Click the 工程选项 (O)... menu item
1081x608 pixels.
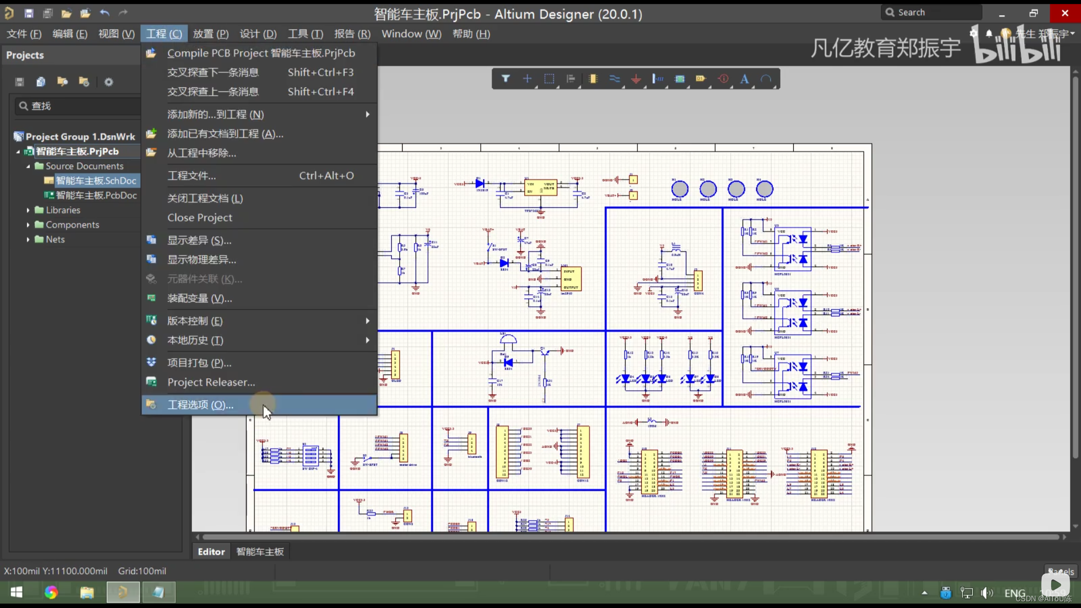(200, 405)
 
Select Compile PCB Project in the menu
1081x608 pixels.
(261, 53)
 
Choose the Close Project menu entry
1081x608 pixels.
(199, 217)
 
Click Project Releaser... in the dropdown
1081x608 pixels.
(211, 382)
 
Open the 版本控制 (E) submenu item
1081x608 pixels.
(195, 321)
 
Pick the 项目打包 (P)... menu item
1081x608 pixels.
(199, 363)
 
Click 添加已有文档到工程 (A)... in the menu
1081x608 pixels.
(225, 133)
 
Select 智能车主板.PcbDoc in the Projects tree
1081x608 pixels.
(96, 195)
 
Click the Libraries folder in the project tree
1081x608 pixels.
(63, 210)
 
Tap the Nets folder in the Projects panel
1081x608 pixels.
(55, 239)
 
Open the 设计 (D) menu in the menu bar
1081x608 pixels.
(258, 34)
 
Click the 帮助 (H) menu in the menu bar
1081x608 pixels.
(471, 34)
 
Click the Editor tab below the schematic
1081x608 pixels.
(211, 552)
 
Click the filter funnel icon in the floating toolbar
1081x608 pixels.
(506, 79)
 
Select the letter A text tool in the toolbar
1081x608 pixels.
(744, 79)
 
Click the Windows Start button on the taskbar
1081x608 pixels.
(16, 592)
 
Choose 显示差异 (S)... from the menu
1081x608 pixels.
(199, 240)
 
